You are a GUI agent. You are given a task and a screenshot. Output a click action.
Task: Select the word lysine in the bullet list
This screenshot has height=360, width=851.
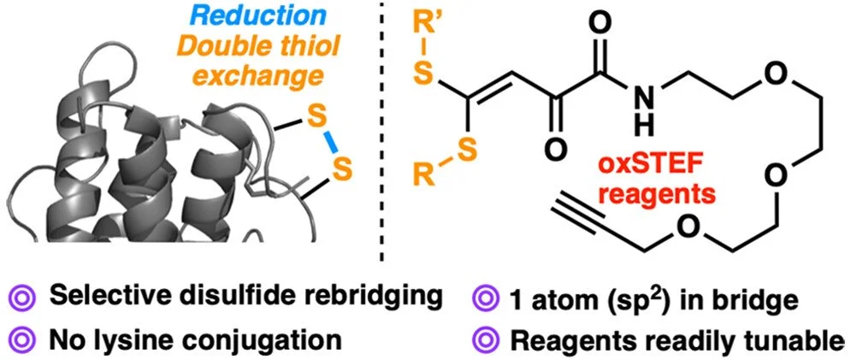pos(133,339)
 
